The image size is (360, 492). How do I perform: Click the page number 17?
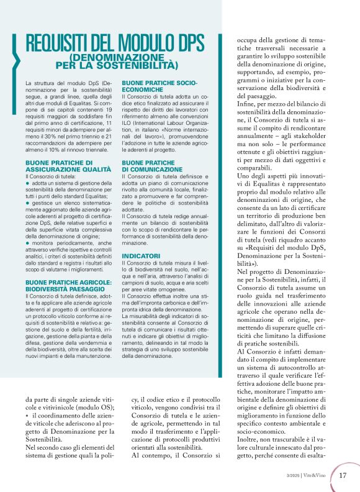[343, 476]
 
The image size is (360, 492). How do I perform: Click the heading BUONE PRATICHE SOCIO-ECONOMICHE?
[160, 86]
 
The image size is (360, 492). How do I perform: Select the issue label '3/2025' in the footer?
[290, 476]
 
